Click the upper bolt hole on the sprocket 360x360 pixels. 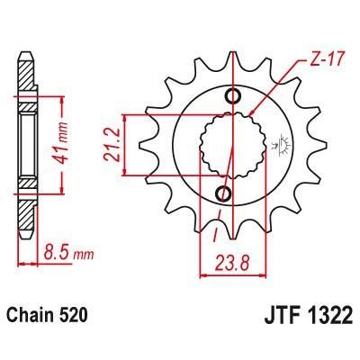pos(235,97)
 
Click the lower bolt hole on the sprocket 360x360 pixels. pos(224,193)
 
